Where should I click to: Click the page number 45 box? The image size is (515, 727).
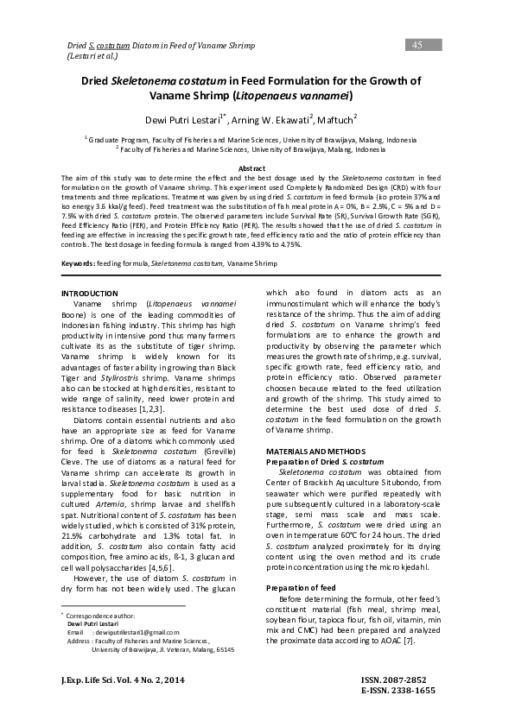point(416,44)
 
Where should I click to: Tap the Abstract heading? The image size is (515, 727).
point(256,168)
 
